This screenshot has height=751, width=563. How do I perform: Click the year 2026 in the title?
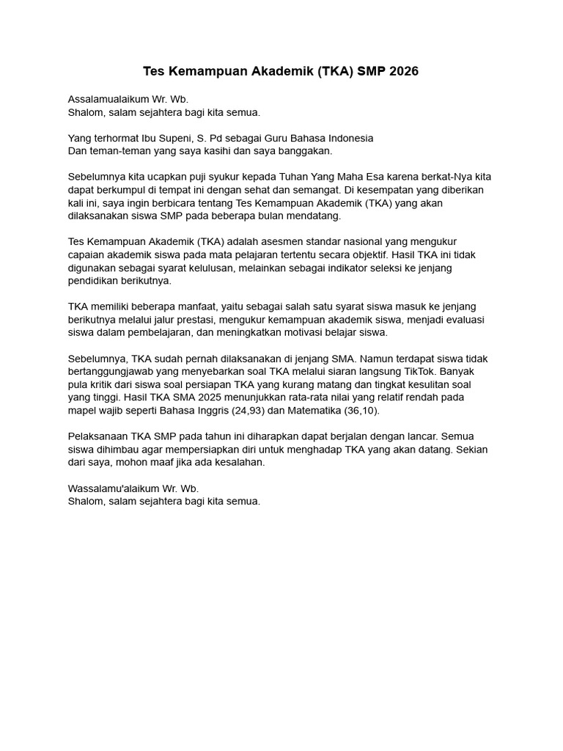pyautogui.click(x=405, y=72)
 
